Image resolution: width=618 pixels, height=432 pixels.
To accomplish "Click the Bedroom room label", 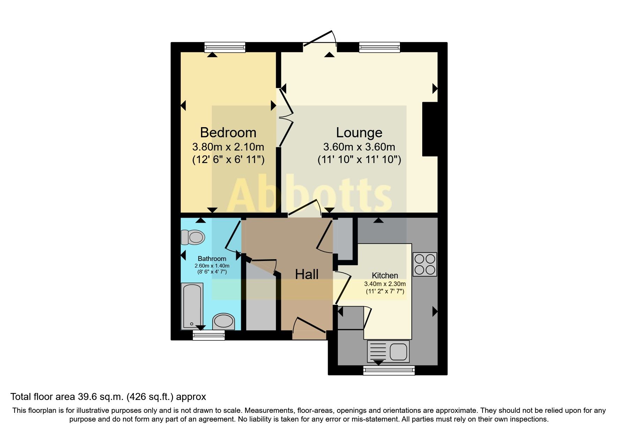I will click(x=228, y=133).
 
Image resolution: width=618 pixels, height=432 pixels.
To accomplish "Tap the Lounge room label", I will click(x=359, y=133).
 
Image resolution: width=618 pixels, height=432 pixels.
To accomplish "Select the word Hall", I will click(x=307, y=275).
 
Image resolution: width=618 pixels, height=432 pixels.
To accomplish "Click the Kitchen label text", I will click(x=385, y=276).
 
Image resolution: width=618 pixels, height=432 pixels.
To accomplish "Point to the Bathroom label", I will click(x=212, y=259).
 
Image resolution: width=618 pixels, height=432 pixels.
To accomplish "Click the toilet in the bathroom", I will click(x=193, y=238).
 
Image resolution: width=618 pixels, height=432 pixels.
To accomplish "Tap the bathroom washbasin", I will click(x=223, y=322).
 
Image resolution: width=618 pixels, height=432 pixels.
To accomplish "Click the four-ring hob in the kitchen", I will click(x=425, y=264).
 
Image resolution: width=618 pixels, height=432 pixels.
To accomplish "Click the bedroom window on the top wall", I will click(x=225, y=47).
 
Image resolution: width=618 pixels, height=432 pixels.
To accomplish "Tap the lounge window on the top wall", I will click(x=379, y=47).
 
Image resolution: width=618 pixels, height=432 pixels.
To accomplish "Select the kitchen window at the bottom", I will click(x=389, y=370).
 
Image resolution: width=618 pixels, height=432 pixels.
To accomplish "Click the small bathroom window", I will click(x=209, y=335).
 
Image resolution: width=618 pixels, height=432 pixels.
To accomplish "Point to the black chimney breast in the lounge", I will click(x=430, y=129).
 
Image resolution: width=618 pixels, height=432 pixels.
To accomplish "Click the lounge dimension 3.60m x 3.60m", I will click(x=359, y=147).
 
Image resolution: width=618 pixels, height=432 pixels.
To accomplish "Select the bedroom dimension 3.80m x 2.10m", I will click(x=228, y=147).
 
